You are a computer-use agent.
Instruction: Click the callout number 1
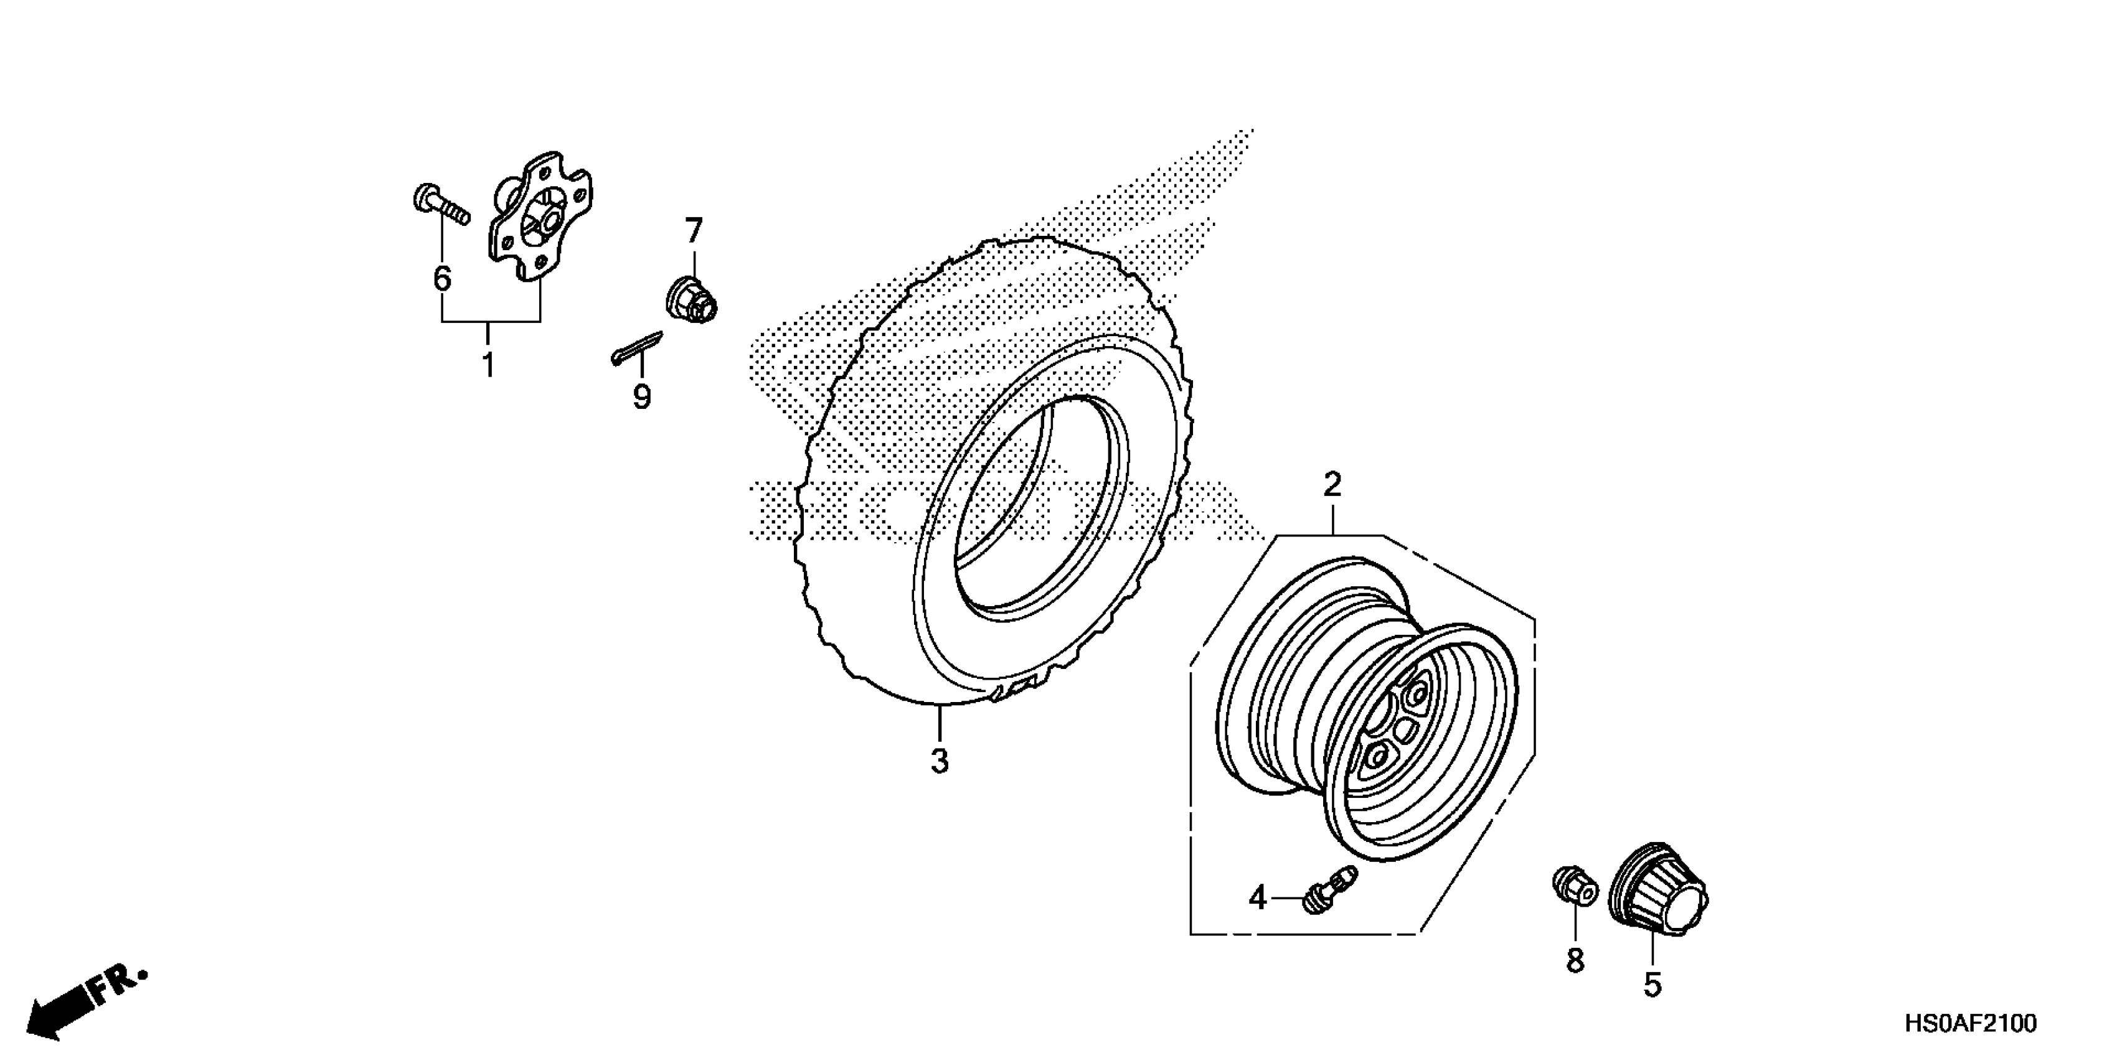pyautogui.click(x=488, y=364)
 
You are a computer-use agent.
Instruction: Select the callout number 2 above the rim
pyautogui.click(x=1332, y=485)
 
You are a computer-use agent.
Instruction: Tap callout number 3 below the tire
pyautogui.click(x=940, y=762)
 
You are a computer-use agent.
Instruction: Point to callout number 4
pyautogui.click(x=1257, y=899)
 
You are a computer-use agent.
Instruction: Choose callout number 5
pyautogui.click(x=1652, y=985)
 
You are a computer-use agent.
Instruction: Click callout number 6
pyautogui.click(x=442, y=279)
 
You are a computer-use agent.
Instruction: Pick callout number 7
pyautogui.click(x=694, y=231)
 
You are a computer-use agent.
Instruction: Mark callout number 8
pyautogui.click(x=1575, y=960)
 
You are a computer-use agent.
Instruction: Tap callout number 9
pyautogui.click(x=641, y=397)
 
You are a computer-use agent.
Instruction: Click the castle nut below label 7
pyautogui.click(x=691, y=301)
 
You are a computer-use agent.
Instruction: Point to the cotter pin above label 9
pyautogui.click(x=638, y=347)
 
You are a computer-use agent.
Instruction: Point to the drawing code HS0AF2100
pyautogui.click(x=1970, y=1024)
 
